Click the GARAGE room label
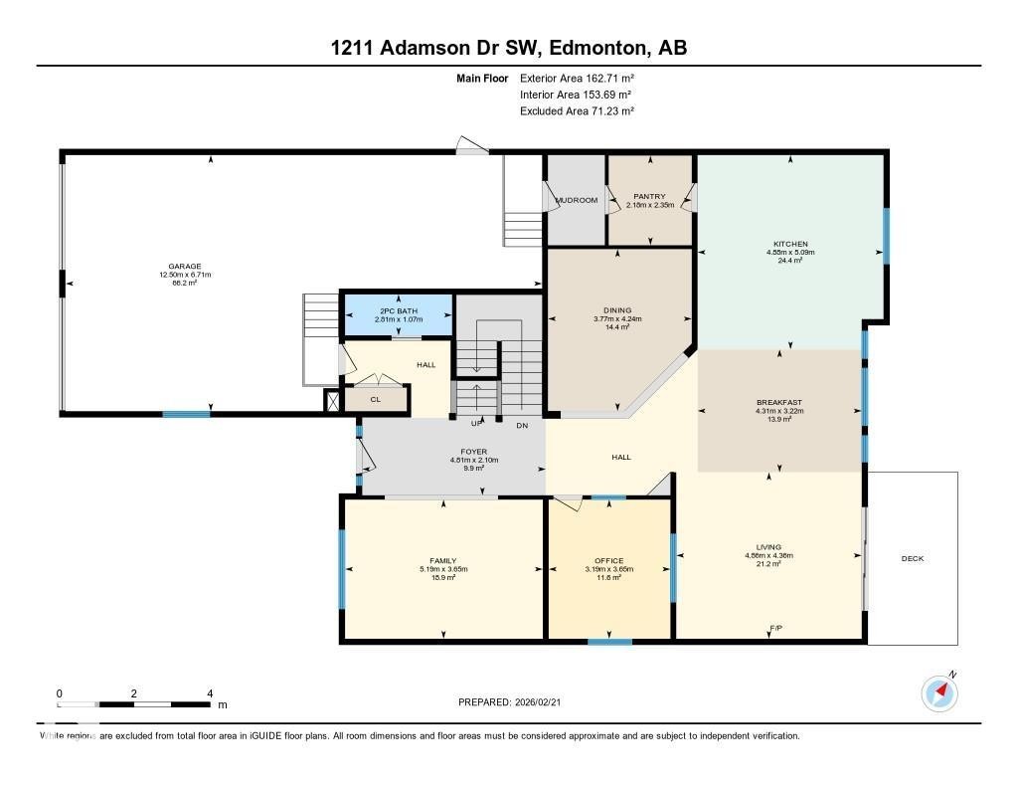[185, 267]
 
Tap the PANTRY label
[650, 196]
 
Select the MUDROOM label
[576, 200]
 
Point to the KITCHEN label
[791, 244]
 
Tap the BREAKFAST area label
[779, 403]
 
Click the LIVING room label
[768, 547]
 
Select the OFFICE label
[608, 561]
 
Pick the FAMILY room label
[443, 561]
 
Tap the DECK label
[913, 558]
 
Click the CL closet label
[375, 400]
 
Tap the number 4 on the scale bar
[209, 693]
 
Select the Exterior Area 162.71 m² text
[577, 78]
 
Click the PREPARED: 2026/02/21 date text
[516, 702]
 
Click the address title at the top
[508, 48]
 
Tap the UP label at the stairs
[476, 425]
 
